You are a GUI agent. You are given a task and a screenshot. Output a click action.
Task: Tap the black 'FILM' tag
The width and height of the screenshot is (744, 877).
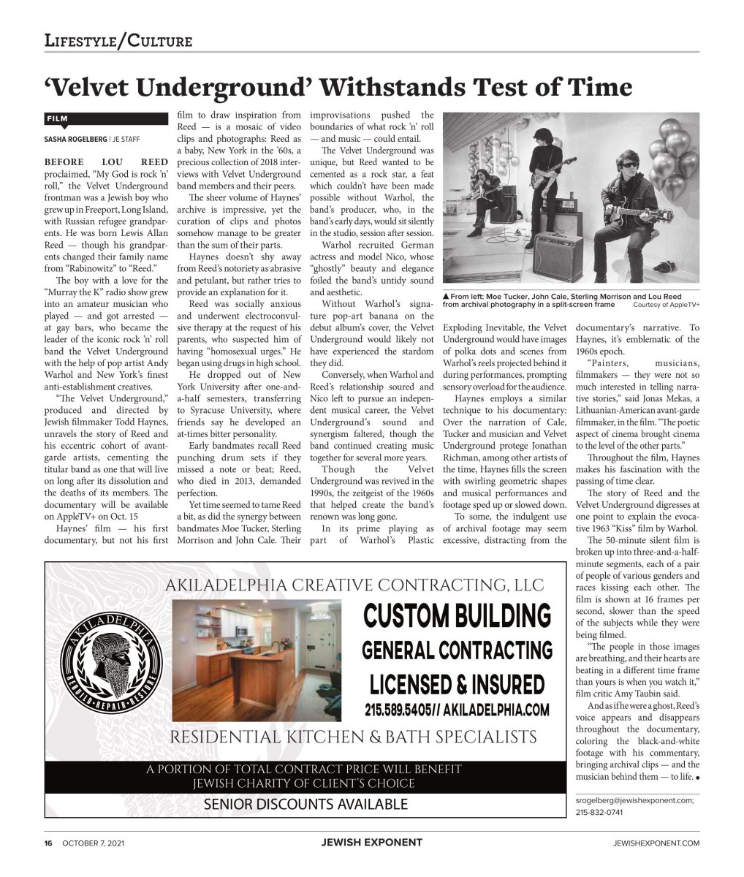pyautogui.click(x=58, y=118)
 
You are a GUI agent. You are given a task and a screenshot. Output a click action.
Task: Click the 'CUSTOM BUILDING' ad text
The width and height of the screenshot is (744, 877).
pyautogui.click(x=458, y=615)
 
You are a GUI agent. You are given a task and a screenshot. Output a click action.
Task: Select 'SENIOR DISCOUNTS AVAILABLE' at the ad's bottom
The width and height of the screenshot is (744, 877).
pyautogui.click(x=305, y=805)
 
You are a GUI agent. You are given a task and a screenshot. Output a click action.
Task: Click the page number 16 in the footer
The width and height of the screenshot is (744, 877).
pyautogui.click(x=48, y=843)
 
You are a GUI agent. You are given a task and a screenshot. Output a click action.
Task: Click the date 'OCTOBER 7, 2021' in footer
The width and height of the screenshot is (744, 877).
pyautogui.click(x=94, y=843)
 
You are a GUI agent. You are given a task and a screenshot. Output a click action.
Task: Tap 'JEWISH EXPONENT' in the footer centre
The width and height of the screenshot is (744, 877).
pyautogui.click(x=371, y=843)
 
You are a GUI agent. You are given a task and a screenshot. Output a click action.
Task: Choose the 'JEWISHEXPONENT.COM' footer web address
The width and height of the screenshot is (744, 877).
pyautogui.click(x=656, y=843)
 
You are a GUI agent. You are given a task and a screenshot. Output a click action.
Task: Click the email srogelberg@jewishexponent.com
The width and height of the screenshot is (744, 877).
pyautogui.click(x=634, y=800)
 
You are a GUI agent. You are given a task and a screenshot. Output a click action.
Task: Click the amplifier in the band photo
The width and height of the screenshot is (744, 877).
pyautogui.click(x=558, y=253)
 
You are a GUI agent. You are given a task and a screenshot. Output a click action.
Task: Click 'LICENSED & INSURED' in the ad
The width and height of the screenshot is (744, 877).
pyautogui.click(x=458, y=685)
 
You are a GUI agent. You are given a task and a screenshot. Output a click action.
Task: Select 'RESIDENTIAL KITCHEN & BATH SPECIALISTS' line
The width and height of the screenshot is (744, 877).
pyautogui.click(x=353, y=737)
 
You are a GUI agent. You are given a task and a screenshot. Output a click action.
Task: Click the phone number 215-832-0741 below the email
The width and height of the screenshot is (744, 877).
pyautogui.click(x=599, y=812)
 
